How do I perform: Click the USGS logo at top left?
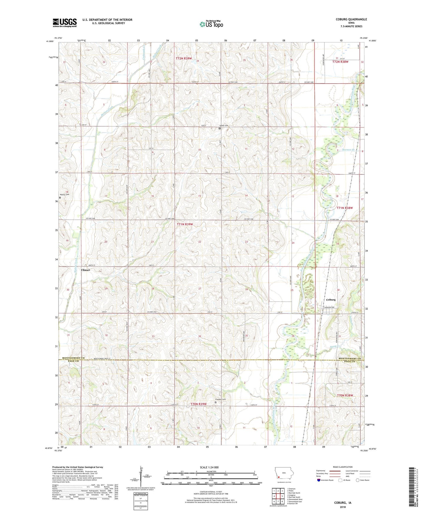pos(65,23)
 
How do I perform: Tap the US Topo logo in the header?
pos(211,24)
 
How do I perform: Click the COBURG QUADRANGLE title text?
pos(349,19)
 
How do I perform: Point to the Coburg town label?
pos(331,300)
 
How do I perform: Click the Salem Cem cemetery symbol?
pos(219,128)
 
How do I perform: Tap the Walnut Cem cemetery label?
pos(65,195)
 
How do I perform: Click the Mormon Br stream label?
pos(349,150)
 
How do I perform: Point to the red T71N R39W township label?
pos(185,224)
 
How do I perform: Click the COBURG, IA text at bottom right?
pos(343,503)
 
